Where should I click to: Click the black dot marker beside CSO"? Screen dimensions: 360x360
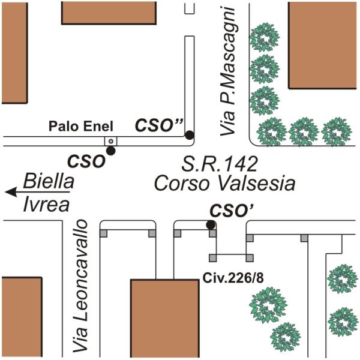coord(189,135)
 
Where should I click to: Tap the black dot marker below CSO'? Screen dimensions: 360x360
coord(211,225)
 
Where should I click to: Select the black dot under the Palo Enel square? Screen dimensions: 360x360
coord(110,151)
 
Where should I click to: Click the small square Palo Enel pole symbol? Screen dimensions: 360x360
coord(110,141)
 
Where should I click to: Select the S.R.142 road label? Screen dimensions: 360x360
coord(220,163)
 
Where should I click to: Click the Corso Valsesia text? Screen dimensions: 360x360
coord(224,183)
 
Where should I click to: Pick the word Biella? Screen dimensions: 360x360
coord(48,181)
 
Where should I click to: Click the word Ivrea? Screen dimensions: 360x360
coord(46,205)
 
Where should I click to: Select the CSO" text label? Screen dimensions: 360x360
coord(158,125)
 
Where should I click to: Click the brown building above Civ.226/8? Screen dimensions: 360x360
coord(164,318)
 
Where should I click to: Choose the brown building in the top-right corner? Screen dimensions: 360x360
coord(323,45)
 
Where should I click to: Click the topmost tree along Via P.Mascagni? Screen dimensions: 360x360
coord(263,39)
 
